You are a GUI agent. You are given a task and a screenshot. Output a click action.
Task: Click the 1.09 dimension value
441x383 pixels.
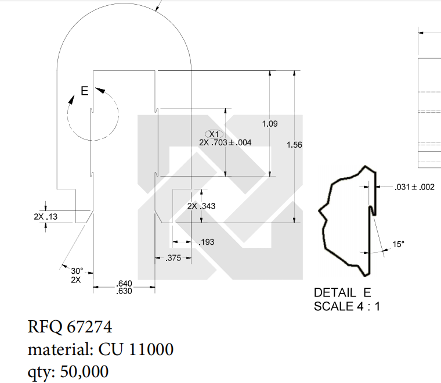click(270, 124)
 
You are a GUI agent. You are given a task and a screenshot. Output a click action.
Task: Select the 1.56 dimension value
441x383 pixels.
click(294, 145)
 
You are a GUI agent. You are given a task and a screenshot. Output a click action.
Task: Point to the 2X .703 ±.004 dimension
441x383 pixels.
click(225, 142)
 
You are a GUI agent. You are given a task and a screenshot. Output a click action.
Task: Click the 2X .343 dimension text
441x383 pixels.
click(201, 206)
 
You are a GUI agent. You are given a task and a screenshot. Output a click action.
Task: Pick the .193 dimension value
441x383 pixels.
click(206, 242)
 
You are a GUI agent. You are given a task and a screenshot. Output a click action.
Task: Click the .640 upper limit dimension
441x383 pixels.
click(124, 284)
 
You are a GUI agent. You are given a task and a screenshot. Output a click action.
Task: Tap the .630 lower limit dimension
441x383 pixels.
click(124, 291)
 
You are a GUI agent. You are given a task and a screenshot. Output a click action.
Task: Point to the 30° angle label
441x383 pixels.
click(77, 271)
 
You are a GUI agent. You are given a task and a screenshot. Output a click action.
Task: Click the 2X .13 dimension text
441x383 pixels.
click(45, 216)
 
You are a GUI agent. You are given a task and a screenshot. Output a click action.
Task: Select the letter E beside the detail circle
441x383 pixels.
click(84, 91)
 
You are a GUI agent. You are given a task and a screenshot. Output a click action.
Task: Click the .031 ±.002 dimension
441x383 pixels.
click(414, 187)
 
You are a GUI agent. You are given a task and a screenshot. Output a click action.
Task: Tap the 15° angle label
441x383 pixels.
click(398, 244)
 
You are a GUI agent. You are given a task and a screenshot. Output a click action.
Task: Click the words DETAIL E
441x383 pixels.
click(342, 292)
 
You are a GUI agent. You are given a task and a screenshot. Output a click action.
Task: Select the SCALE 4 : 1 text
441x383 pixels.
click(347, 306)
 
